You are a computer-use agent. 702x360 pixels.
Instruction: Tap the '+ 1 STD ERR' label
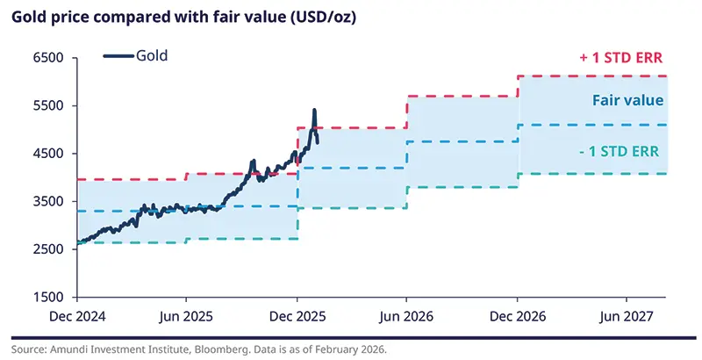(620, 58)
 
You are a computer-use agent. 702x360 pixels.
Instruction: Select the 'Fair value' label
(627, 101)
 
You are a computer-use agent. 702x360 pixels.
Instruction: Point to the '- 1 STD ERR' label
(620, 151)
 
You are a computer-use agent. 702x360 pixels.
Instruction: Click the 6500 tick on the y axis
(49, 58)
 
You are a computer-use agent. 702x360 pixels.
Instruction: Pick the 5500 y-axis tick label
(49, 106)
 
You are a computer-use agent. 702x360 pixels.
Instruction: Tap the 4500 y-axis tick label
(49, 154)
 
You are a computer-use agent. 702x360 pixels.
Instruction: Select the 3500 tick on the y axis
(49, 202)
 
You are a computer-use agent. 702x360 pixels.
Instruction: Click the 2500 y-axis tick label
(49, 250)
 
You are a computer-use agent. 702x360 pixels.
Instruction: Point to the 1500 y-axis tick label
(49, 298)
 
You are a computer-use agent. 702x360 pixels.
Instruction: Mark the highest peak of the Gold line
(314, 111)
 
